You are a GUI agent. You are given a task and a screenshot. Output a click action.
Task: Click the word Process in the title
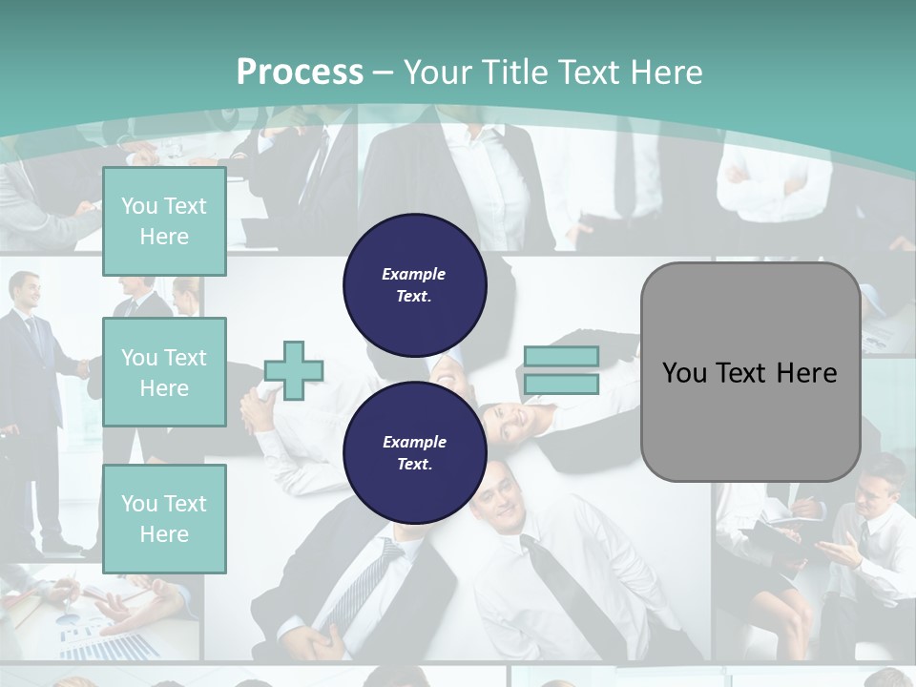click(300, 72)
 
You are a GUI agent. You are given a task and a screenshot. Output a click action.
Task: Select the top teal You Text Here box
click(164, 221)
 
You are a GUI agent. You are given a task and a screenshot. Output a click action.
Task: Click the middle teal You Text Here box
click(164, 372)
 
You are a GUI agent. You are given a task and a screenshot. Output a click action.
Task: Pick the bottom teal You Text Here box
click(164, 518)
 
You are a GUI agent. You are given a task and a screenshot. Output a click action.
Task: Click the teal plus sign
click(294, 370)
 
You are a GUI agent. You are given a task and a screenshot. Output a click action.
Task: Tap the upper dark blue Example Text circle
click(414, 284)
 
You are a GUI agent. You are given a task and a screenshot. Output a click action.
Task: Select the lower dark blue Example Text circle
click(414, 452)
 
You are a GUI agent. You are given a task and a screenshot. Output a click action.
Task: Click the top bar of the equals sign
click(561, 357)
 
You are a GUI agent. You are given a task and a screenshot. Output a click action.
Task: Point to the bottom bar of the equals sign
click(561, 384)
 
